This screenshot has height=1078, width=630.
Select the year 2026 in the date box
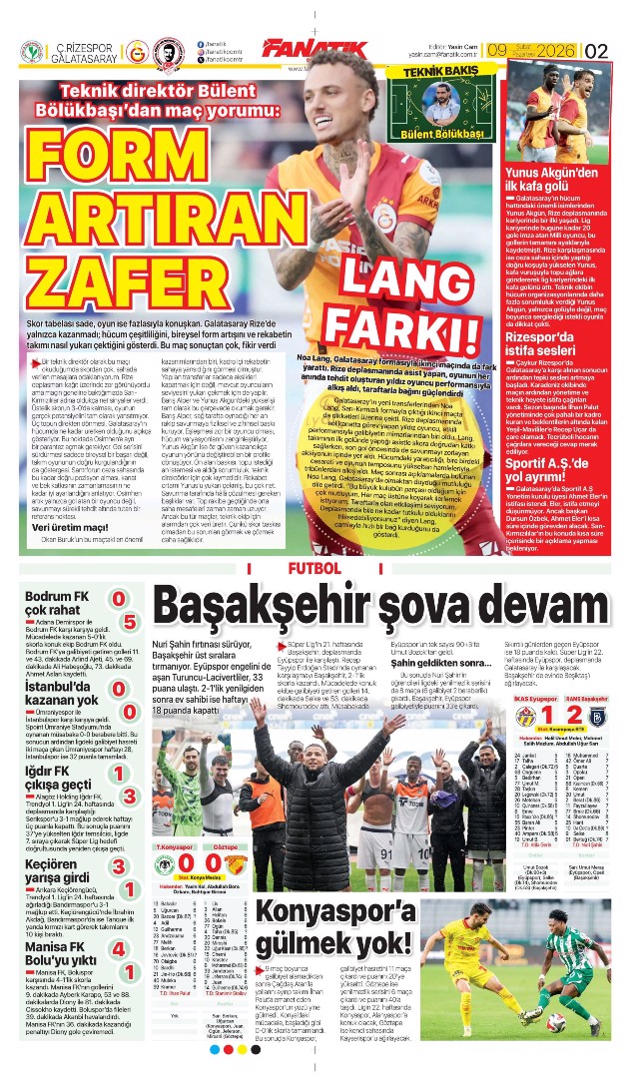coord(555,49)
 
